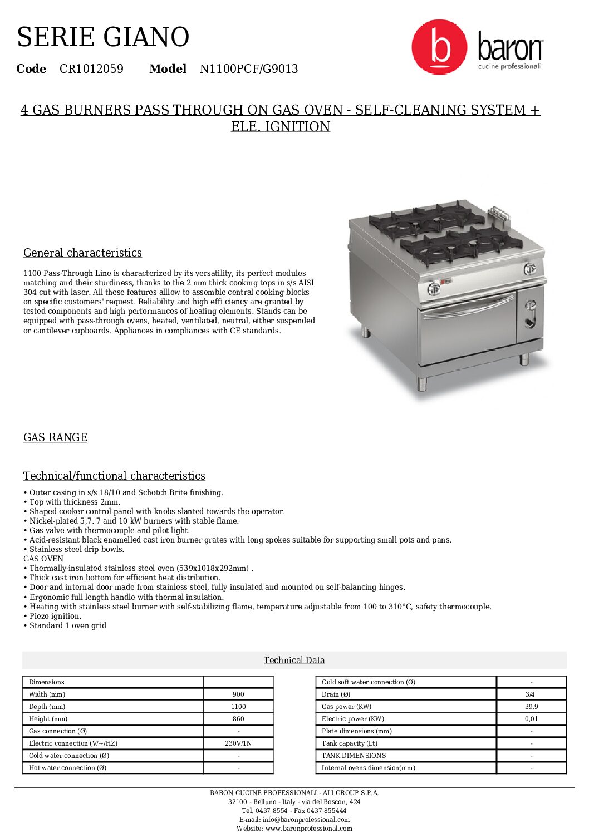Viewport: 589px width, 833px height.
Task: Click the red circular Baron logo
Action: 439,47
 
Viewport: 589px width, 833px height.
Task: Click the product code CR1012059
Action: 91,69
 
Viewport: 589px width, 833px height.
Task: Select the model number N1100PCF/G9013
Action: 249,69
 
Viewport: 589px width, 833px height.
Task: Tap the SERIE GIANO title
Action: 103,37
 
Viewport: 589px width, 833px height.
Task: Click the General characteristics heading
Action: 82,253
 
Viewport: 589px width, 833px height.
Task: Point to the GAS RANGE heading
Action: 55,437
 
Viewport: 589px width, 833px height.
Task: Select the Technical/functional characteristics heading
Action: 114,476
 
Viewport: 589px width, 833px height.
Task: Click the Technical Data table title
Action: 294,660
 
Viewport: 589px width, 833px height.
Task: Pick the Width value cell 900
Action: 238,694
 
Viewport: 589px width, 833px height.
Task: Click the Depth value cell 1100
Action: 238,707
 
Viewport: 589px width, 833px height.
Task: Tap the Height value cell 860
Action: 238,719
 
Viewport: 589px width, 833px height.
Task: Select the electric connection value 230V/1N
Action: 238,743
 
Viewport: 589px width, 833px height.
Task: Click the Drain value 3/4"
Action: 531,694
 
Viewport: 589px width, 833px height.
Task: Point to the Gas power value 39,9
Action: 531,707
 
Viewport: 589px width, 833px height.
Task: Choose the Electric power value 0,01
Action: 531,719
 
